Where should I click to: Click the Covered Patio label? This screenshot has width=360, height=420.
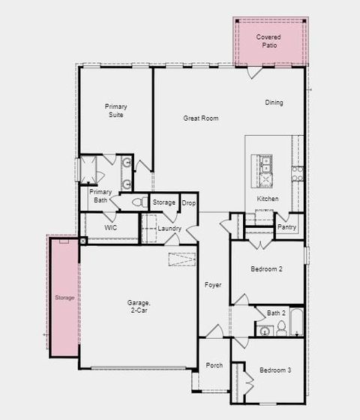point(269,41)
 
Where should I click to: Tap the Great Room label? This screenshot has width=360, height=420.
point(201,118)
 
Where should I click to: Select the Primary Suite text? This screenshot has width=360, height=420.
point(116,111)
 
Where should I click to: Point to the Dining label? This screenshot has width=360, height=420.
point(274,103)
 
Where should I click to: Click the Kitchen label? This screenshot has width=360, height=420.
point(268,199)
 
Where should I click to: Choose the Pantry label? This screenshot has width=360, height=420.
point(286,226)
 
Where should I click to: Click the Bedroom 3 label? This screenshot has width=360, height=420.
point(275,370)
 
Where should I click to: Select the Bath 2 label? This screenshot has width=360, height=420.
point(276,313)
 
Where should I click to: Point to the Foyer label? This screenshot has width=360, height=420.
point(214,285)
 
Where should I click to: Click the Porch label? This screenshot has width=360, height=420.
point(214,365)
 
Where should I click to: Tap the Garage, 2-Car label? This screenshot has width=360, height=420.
point(139,307)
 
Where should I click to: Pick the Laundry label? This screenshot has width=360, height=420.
point(169,228)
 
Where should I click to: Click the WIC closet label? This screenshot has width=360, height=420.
point(110,226)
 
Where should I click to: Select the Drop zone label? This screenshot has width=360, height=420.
point(188,202)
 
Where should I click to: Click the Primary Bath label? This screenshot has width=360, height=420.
point(101,196)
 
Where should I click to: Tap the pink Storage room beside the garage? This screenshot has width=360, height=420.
point(64,298)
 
